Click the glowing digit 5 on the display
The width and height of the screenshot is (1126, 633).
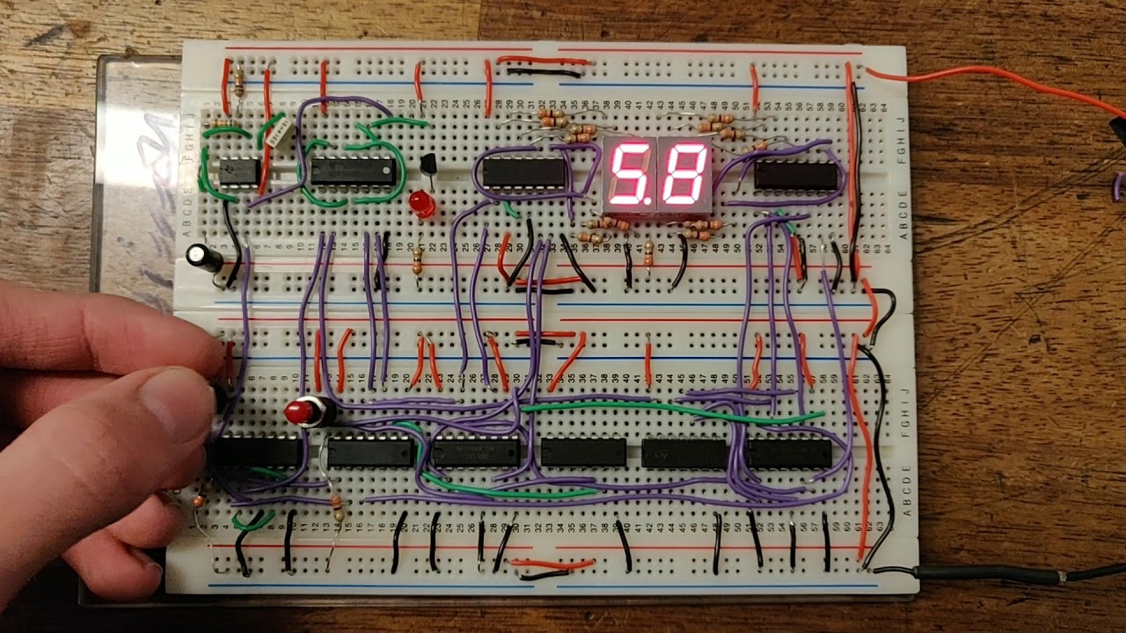pos(629,173)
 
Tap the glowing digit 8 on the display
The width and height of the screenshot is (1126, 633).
pos(684,173)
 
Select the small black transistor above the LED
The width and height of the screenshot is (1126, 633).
pos(430,164)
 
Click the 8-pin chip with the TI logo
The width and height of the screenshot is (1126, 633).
pos(238,171)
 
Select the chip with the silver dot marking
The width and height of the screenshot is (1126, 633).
pos(353,170)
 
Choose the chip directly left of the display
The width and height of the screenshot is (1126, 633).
pos(524,172)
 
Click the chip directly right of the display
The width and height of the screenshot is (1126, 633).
pos(795,175)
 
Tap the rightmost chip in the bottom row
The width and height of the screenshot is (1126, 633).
pos(789,453)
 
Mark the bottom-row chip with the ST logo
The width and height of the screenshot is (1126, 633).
pos(684,454)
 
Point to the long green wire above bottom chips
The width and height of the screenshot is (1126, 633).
pos(669,408)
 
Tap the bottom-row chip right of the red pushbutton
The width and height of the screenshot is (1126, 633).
pos(370,452)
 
